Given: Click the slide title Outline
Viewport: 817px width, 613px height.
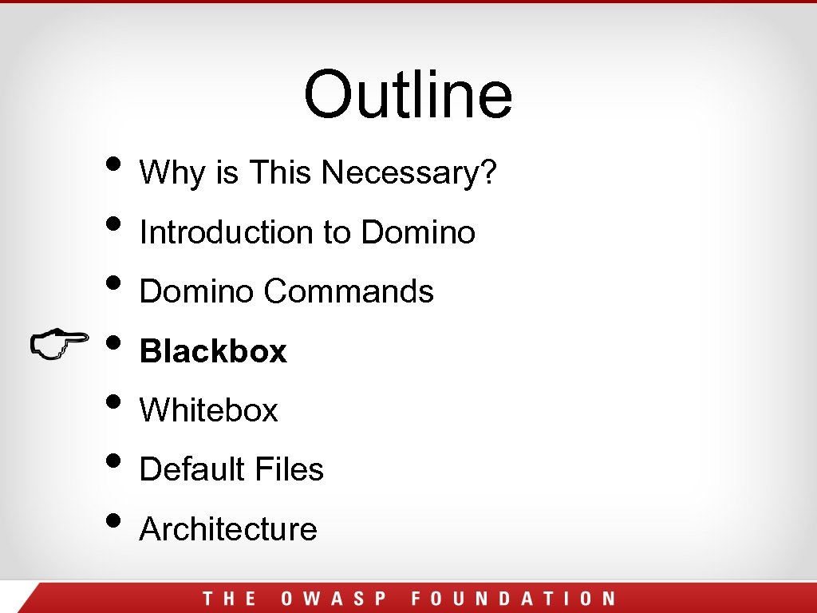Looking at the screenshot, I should pos(408,93).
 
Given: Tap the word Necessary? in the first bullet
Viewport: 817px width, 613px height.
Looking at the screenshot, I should pos(410,172).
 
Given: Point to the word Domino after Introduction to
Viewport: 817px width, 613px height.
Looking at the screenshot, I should pos(418,232).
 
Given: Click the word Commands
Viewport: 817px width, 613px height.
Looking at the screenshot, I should pos(349,291).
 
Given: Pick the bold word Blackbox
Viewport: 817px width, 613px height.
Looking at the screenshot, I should pos(213,351).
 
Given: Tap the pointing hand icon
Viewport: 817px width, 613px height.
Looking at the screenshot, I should pos(59,345).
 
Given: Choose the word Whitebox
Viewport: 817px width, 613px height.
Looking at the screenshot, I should pos(209,410).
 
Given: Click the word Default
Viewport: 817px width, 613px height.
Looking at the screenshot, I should pos(193,469).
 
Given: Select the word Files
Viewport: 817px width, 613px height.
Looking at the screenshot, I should pos(290,469).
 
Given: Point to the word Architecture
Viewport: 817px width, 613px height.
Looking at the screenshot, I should pos(228,528).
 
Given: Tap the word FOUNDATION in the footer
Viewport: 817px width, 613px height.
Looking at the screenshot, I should pos(514,599).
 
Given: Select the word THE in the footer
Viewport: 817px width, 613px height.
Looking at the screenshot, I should pos(230,599).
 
